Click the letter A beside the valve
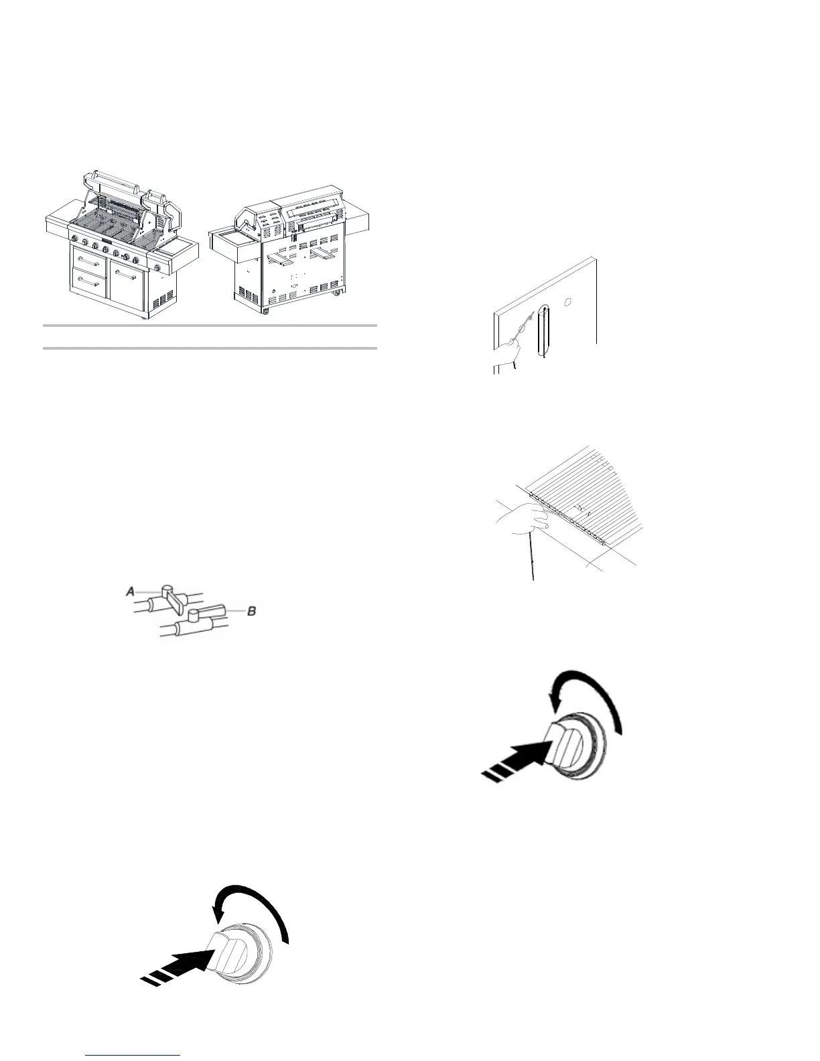(x=131, y=591)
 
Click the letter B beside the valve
(x=252, y=610)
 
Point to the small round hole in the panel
(x=567, y=303)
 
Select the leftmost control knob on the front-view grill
(x=72, y=240)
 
